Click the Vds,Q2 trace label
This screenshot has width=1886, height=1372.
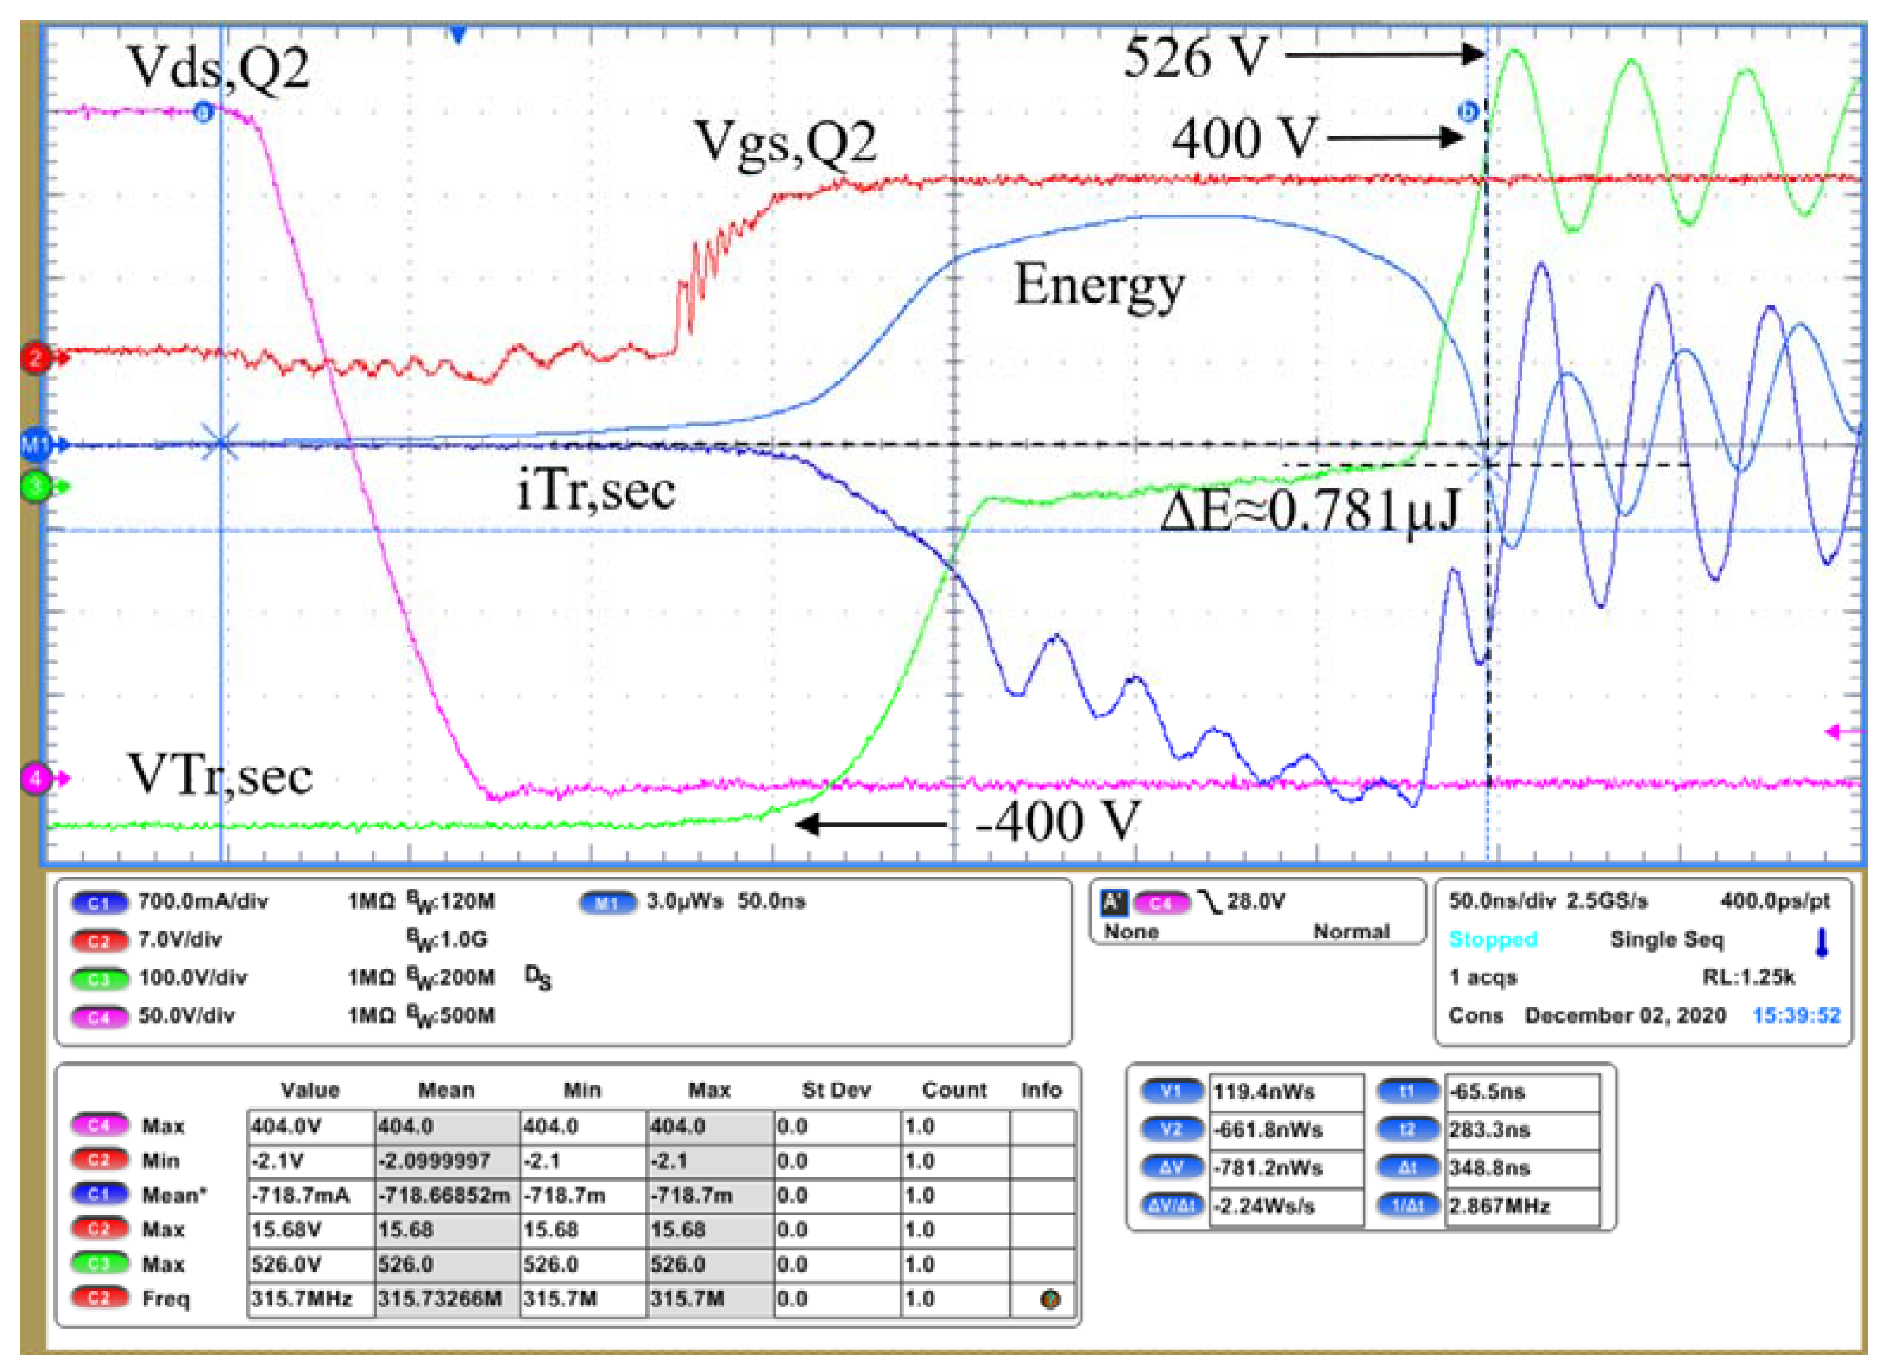[218, 68]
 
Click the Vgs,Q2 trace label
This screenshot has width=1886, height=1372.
[785, 143]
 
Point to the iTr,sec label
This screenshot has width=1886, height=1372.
[595, 491]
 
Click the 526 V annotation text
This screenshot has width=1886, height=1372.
[1195, 58]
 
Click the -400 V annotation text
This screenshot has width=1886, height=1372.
[1056, 822]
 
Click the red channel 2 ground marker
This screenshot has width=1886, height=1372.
[35, 358]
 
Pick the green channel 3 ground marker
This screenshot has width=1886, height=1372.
[35, 486]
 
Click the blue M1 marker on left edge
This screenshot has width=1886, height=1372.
[35, 445]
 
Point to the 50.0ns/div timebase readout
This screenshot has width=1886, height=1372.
[1502, 902]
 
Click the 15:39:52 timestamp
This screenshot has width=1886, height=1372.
[1796, 1016]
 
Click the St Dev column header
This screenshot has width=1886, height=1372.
[836, 1090]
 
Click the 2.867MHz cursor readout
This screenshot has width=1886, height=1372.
[1499, 1207]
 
